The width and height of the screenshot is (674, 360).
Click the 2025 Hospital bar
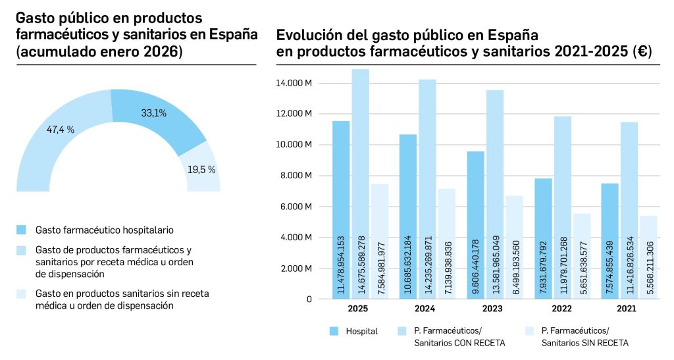click(x=340, y=211)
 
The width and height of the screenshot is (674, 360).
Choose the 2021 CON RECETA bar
click(x=630, y=211)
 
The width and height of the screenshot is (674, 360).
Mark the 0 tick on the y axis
click(x=309, y=299)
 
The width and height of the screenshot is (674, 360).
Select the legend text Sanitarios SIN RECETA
click(x=584, y=342)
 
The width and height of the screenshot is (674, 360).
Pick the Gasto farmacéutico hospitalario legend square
click(x=22, y=230)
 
